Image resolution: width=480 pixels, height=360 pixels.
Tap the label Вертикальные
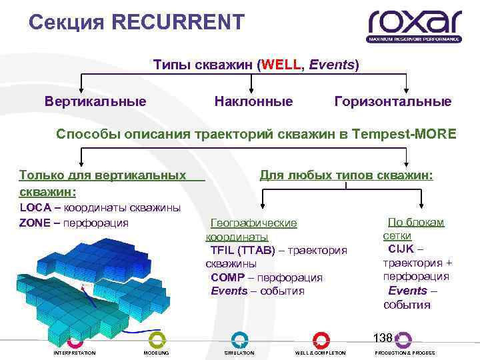tap(95, 102)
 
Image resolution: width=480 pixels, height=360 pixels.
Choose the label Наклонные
tap(253, 102)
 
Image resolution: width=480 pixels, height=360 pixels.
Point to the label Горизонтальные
tap(393, 102)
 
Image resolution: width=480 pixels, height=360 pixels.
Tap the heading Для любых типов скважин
tap(346, 175)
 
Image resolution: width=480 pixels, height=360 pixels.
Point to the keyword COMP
tap(227, 277)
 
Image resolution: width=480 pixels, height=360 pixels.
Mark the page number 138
tap(383, 337)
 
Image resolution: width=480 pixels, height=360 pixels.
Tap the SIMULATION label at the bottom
tap(239, 353)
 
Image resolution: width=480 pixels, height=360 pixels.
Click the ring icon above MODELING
tap(157, 339)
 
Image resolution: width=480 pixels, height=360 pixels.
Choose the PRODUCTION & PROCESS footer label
tap(405, 353)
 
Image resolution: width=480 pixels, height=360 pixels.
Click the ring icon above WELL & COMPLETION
tap(321, 339)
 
